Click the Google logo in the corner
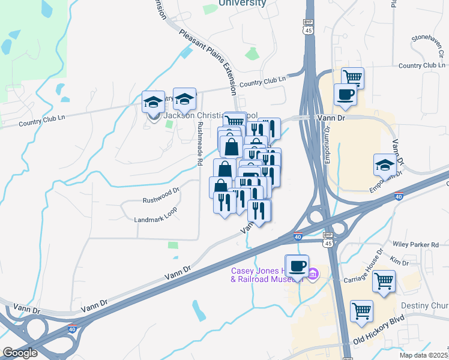(x=20, y=353)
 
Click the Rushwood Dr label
(x=161, y=199)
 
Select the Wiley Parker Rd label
(x=415, y=245)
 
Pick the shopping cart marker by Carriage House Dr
(x=384, y=280)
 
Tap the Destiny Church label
(x=429, y=306)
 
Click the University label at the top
(x=242, y=3)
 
